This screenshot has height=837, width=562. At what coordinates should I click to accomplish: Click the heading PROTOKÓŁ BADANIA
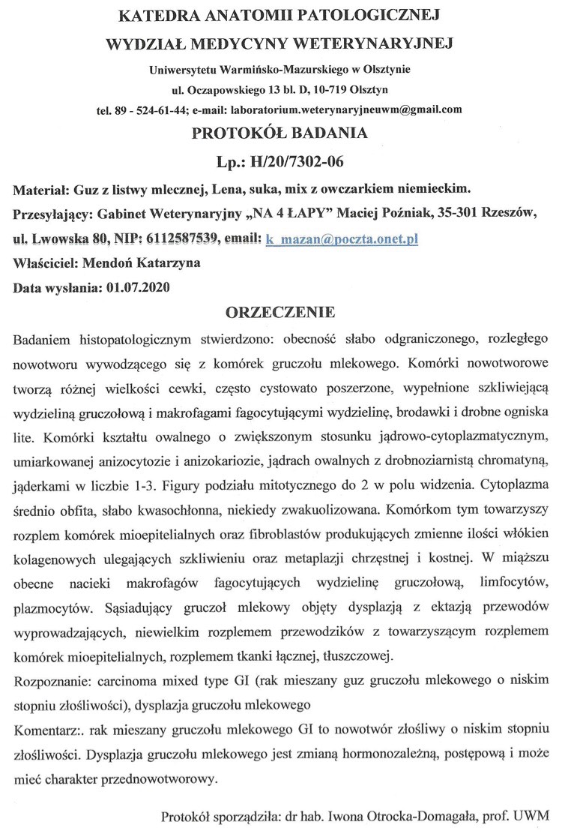click(x=280, y=134)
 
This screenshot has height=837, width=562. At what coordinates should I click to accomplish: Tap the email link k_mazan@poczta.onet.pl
click(x=342, y=239)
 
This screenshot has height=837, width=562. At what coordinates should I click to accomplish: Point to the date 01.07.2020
click(x=139, y=286)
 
